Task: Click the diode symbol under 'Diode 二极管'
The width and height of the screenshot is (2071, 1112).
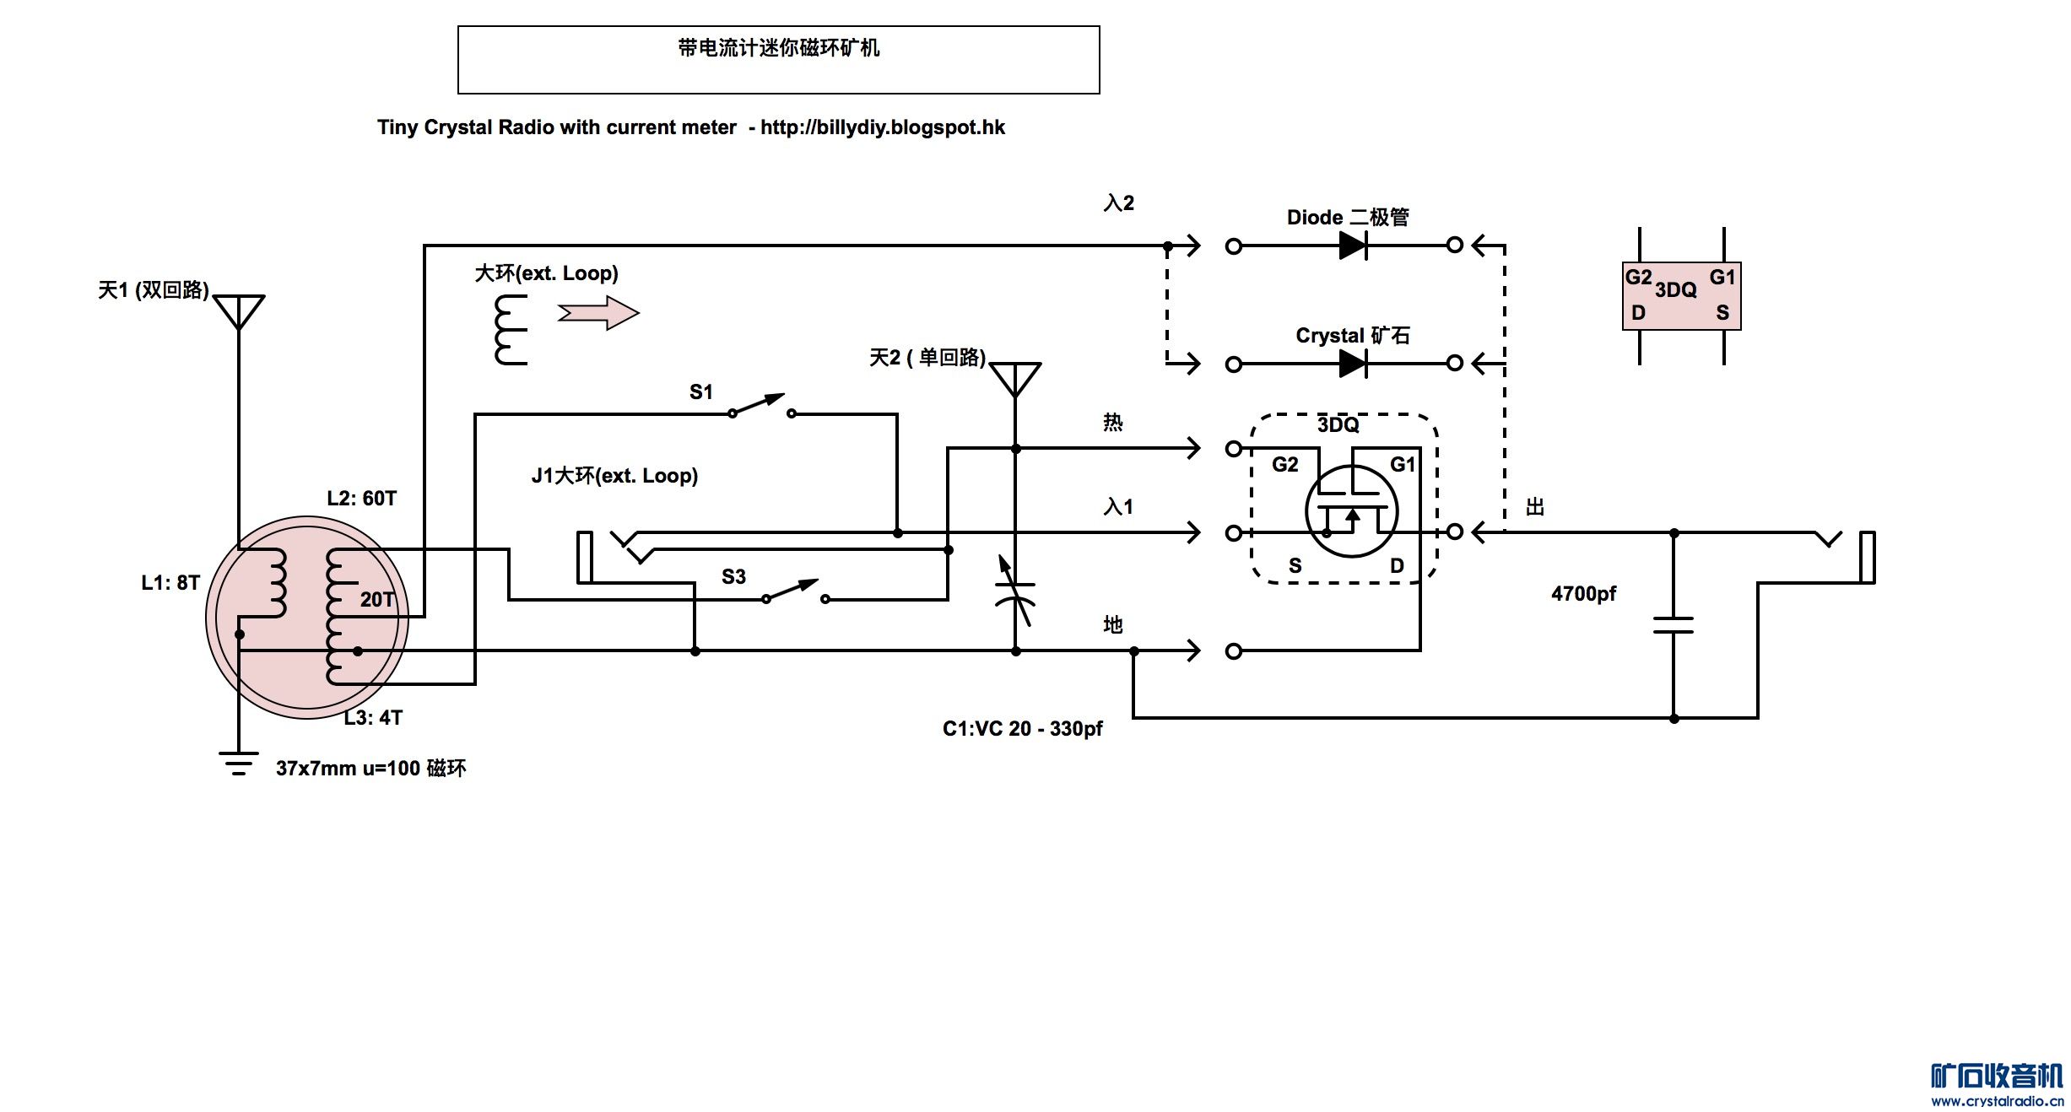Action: coord(1352,246)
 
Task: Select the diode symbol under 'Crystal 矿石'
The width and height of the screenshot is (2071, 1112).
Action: coord(1352,364)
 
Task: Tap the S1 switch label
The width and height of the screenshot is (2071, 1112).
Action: coord(700,391)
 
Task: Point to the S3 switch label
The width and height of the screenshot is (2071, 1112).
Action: coord(733,577)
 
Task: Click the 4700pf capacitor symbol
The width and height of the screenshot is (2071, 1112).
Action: coord(1674,625)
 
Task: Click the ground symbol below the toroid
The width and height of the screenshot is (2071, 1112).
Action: coord(239,763)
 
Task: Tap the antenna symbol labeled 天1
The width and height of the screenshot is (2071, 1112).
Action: coord(239,310)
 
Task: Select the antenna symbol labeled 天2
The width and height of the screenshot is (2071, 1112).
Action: coord(1015,379)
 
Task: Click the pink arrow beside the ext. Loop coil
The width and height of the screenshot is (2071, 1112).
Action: coord(598,313)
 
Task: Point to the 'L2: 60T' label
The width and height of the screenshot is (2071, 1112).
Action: coord(361,499)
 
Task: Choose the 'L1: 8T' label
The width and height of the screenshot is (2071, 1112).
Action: coord(170,583)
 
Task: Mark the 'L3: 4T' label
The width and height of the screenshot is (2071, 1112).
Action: coord(373,718)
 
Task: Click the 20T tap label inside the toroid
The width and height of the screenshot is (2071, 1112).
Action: coord(376,600)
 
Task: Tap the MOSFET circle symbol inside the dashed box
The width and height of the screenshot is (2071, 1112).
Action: coord(1351,511)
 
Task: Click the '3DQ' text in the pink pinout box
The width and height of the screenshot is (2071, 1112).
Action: coord(1675,290)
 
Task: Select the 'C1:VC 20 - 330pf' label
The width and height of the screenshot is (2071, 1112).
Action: coord(1022,729)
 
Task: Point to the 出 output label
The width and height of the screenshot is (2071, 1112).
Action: coord(1535,507)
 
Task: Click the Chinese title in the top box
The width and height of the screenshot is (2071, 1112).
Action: coord(778,48)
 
